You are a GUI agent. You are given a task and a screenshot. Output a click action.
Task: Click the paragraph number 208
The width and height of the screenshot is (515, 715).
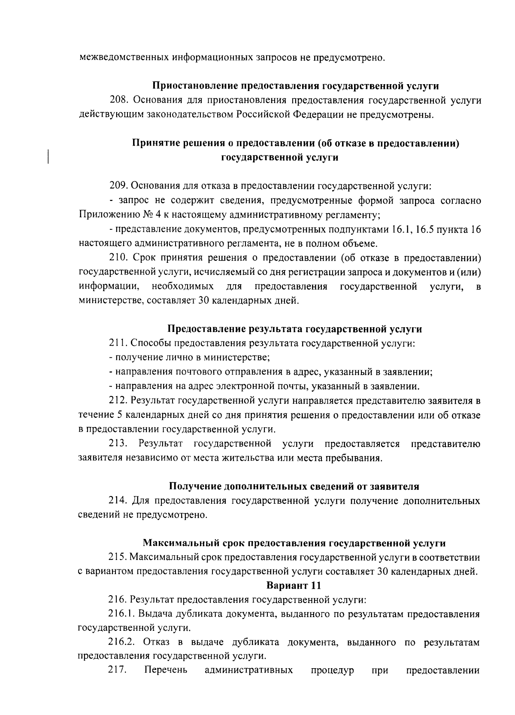[x=118, y=100]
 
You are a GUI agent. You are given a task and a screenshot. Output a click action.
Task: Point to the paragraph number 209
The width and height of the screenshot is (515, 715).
[x=118, y=186]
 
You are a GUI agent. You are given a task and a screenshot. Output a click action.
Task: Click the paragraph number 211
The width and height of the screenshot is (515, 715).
[x=118, y=343]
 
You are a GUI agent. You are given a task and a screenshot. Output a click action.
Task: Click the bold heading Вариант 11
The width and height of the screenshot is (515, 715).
[x=294, y=585]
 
